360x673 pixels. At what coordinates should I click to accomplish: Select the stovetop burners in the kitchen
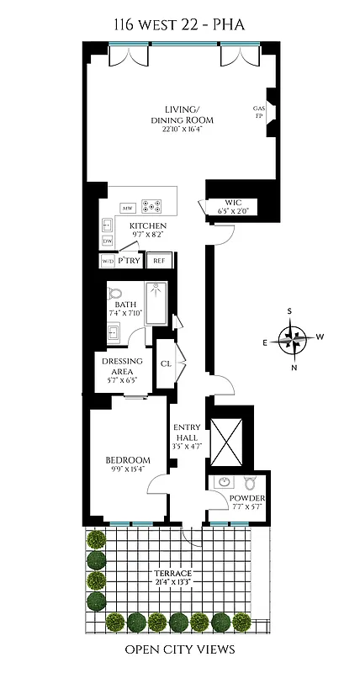click(x=152, y=204)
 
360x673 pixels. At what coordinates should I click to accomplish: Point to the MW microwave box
click(x=129, y=207)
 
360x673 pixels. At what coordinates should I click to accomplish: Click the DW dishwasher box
click(x=107, y=241)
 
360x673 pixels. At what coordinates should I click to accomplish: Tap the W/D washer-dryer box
click(x=108, y=262)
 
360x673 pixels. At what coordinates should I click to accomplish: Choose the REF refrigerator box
click(x=159, y=261)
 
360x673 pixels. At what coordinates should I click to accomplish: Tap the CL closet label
click(x=165, y=363)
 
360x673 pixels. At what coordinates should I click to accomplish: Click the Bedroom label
click(x=128, y=464)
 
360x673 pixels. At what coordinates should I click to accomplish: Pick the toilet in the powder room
click(x=250, y=484)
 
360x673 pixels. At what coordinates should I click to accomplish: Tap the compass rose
click(x=293, y=339)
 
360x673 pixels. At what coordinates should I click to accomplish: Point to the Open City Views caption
click(x=179, y=649)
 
